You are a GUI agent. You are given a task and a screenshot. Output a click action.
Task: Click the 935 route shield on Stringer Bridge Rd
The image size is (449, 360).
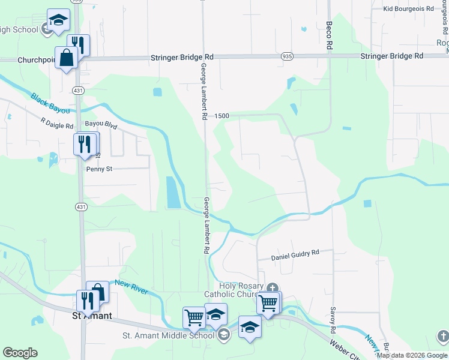[287, 56]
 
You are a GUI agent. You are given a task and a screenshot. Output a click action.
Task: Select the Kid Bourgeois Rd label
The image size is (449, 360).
[408, 8]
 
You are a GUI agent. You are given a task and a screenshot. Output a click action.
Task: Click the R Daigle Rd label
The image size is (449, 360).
[57, 124]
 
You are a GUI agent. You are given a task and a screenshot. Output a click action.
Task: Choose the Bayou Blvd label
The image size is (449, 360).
[101, 125]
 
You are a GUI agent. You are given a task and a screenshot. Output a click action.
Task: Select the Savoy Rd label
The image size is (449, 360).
[332, 321]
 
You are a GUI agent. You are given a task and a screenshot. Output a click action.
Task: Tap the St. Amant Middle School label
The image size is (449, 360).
[168, 335]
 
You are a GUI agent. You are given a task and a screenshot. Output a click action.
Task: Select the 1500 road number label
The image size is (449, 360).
[220, 115]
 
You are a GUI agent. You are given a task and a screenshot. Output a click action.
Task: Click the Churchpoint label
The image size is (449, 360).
[36, 60]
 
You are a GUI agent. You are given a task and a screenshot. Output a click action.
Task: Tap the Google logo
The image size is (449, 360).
[20, 353]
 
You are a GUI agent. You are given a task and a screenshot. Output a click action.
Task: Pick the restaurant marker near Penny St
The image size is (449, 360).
[85, 144]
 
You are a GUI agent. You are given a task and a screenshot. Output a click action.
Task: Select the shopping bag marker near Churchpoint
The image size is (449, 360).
[66, 58]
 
